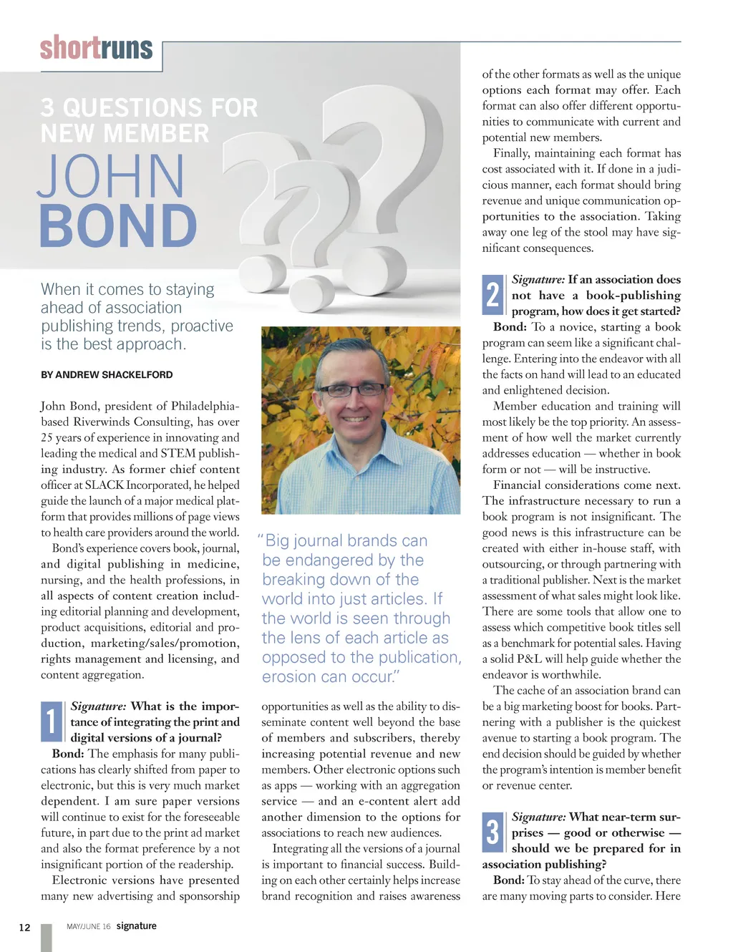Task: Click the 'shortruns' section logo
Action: click(x=97, y=48)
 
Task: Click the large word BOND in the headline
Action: click(x=118, y=226)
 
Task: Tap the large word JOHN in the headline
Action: click(x=111, y=176)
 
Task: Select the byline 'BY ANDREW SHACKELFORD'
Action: click(x=107, y=374)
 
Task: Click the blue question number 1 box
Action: click(x=51, y=721)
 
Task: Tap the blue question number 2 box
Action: click(x=492, y=295)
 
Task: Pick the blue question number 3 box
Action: click(x=492, y=832)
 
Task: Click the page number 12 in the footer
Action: click(x=24, y=928)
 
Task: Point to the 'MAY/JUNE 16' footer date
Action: click(x=89, y=926)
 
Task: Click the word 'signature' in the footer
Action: click(x=136, y=926)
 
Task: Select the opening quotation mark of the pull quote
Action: click(x=261, y=539)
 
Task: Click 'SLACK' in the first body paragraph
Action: click(x=105, y=485)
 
